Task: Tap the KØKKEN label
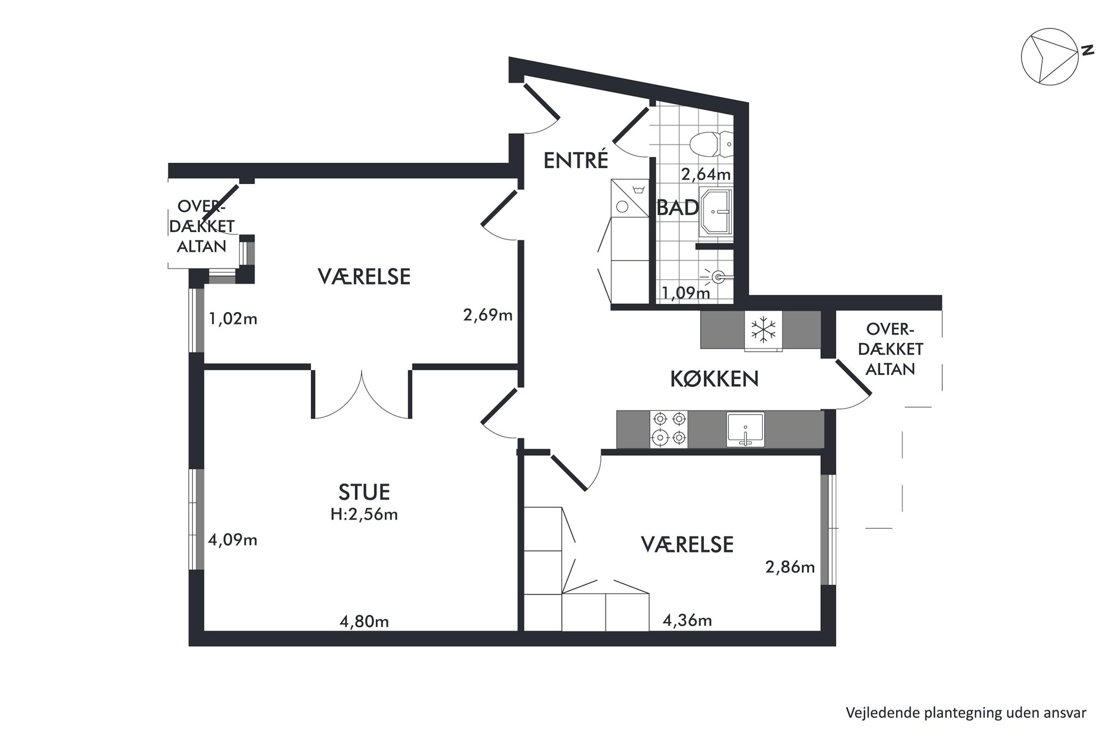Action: click(714, 379)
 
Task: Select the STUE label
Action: click(364, 492)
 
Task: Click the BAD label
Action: click(678, 208)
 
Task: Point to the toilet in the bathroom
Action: click(711, 144)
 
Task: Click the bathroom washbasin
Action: click(715, 213)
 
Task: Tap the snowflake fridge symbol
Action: click(762, 329)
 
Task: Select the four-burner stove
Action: click(669, 429)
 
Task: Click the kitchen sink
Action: click(745, 429)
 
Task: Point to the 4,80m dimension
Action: click(364, 621)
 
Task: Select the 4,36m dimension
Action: click(687, 620)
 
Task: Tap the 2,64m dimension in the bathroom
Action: click(705, 175)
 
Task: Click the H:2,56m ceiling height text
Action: click(364, 514)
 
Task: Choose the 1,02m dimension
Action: click(233, 319)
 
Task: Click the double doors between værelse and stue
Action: click(362, 394)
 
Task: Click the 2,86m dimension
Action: click(790, 567)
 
